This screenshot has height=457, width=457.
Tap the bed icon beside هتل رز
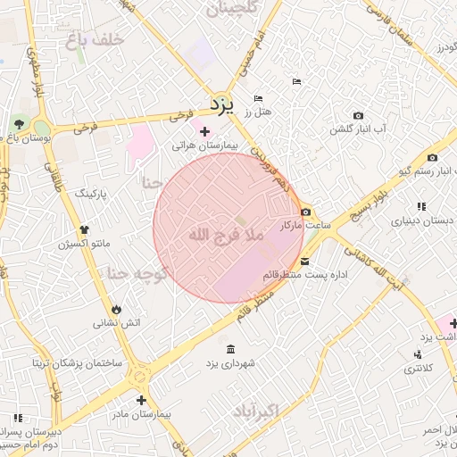(x=258, y=98)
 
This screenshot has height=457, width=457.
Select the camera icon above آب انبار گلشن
(x=358, y=116)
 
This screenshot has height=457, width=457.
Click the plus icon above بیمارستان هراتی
(x=205, y=131)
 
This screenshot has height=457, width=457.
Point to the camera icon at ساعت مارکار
(x=306, y=212)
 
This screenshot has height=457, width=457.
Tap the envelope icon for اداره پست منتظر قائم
(x=305, y=262)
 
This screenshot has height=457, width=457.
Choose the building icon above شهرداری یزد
(x=231, y=349)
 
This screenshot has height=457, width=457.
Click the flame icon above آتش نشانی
(x=117, y=309)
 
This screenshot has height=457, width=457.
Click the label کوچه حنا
(x=137, y=274)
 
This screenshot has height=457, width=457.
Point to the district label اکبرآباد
(x=256, y=411)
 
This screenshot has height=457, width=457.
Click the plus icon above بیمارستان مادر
(x=141, y=400)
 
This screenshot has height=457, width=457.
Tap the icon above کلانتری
(x=418, y=354)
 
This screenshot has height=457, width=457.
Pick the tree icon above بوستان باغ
(x=20, y=123)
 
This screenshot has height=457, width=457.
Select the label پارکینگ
(x=89, y=193)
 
